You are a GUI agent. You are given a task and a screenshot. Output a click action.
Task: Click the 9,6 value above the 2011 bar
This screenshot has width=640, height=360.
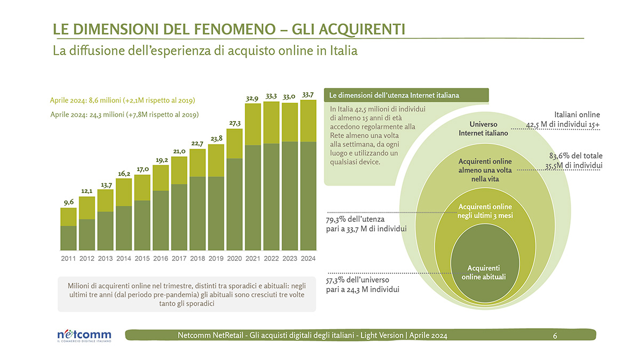(68, 202)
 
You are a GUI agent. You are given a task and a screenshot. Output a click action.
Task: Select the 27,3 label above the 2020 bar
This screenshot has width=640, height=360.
(235, 123)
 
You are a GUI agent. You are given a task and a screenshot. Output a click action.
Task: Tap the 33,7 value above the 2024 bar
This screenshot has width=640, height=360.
(308, 95)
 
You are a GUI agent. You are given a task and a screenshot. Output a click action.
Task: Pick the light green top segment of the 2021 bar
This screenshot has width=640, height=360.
(253, 124)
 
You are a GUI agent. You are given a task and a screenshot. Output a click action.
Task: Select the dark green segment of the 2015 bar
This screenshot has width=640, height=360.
(142, 225)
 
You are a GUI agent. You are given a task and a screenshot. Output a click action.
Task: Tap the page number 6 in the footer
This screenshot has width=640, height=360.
(555, 335)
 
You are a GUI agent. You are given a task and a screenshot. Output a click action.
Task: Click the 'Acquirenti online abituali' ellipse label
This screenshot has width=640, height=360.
(484, 272)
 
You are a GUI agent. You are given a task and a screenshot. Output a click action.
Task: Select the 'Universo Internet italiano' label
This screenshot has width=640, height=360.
(484, 129)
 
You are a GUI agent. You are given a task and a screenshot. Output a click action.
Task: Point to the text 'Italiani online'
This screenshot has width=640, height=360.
(577, 115)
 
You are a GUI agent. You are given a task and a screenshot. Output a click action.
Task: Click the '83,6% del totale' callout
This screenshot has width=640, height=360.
(575, 156)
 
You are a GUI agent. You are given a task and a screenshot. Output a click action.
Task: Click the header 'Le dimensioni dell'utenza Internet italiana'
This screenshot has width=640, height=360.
(395, 95)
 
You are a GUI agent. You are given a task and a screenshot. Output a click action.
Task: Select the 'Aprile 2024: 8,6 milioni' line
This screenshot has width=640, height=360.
(122, 100)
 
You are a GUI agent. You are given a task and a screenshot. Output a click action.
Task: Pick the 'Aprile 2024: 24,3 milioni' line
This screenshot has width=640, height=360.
(124, 114)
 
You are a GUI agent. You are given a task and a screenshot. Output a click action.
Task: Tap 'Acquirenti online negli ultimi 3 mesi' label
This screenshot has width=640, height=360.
(484, 211)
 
